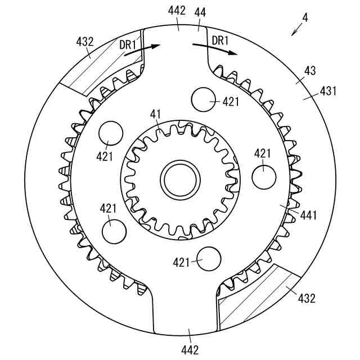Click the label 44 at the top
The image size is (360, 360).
pos(200,12)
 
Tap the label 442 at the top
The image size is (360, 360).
pos(177,11)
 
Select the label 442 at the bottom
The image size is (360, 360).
pos(190,350)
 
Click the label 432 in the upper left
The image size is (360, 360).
pos(85,42)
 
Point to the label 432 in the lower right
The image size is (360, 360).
pos(307,298)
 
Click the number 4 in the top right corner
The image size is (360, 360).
pos(305,17)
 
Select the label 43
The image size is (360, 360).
pos(310,71)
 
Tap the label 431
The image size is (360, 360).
pos(328,91)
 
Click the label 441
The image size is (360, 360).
pos(309,215)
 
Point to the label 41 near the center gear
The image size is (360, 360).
pos(156,114)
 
